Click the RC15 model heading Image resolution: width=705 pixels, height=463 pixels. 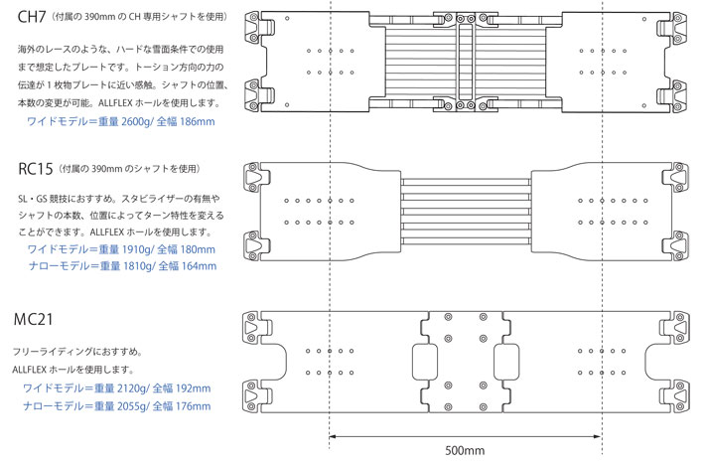point(36,169)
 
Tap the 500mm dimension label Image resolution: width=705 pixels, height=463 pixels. point(465,450)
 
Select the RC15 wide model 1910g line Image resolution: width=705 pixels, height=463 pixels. point(120,248)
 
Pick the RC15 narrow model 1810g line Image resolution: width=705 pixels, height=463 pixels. point(120,265)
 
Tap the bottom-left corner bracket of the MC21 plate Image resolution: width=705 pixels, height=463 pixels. point(257,398)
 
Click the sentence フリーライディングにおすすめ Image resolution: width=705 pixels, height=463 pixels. point(78,351)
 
